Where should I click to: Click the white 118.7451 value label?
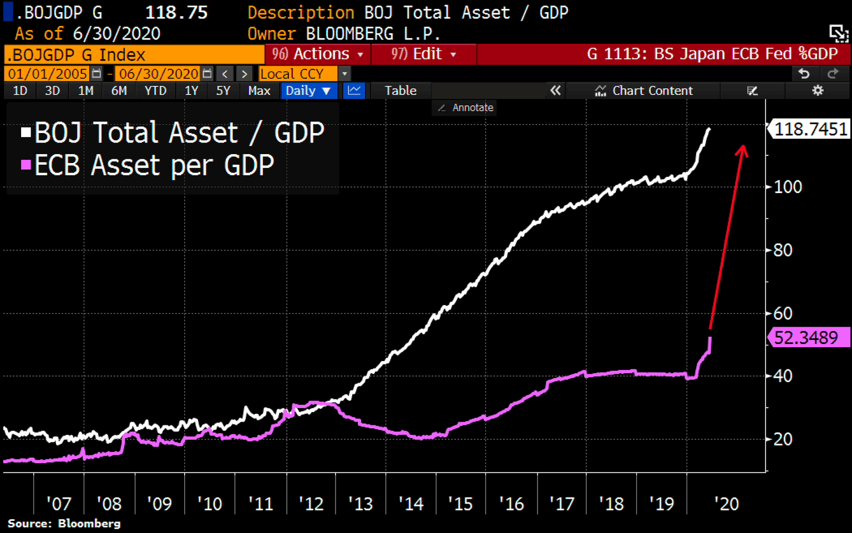[x=810, y=129]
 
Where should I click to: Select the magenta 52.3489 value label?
[x=808, y=337]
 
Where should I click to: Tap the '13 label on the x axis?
[x=361, y=504]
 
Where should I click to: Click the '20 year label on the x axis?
[x=726, y=504]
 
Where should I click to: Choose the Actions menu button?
[x=317, y=54]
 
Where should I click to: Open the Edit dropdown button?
[x=423, y=54]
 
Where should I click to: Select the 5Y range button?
[x=223, y=91]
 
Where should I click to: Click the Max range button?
[x=259, y=91]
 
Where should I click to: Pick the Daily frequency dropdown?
[x=308, y=91]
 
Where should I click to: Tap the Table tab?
[x=400, y=91]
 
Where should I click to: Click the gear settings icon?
[x=818, y=90]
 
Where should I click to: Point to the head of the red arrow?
[x=743, y=148]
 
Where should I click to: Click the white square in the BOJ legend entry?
[x=26, y=133]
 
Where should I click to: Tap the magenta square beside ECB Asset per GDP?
[x=26, y=165]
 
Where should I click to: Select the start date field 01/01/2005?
[x=48, y=74]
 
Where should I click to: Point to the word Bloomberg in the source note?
[x=89, y=524]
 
